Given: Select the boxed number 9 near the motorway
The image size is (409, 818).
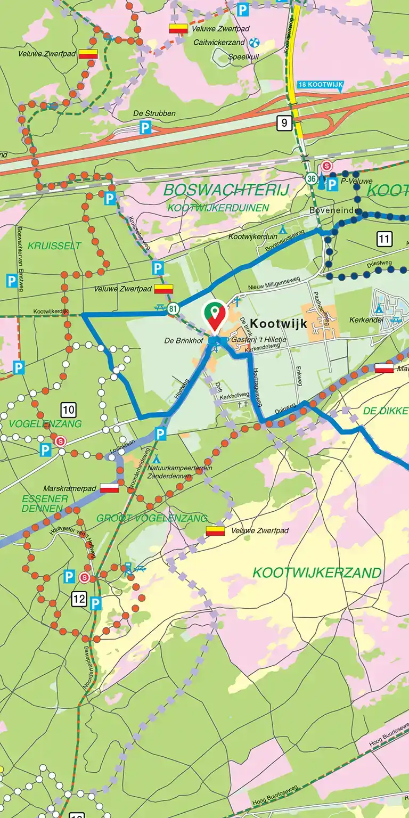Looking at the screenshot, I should tap(284, 124).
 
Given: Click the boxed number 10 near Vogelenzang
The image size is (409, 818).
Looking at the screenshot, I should tap(68, 410).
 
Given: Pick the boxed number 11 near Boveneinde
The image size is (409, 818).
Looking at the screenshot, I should tap(384, 239).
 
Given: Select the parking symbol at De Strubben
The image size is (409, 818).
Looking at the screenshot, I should tap(145, 127).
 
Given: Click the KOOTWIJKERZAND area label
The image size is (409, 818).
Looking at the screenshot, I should tap(316, 573).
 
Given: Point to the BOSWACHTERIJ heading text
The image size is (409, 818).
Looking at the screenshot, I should tap(226, 190).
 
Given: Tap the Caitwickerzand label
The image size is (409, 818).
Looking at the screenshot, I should tap(219, 43).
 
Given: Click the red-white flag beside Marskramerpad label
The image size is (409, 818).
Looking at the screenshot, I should tap(109, 488).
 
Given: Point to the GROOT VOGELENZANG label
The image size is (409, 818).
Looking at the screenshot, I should tap(152, 518).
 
